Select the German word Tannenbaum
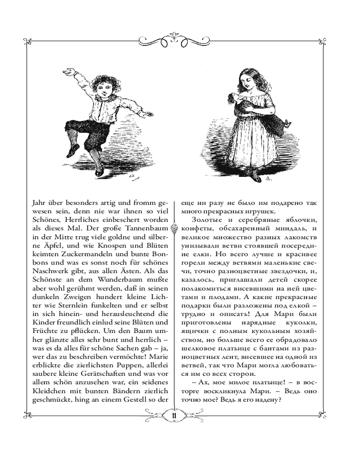(147, 229)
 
